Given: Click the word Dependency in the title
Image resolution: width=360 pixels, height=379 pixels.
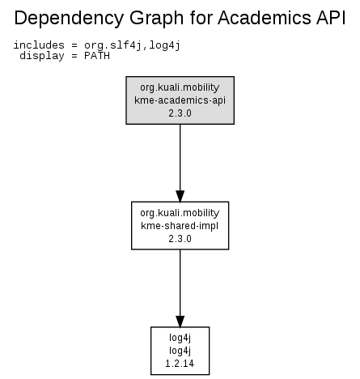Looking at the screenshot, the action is [69, 19].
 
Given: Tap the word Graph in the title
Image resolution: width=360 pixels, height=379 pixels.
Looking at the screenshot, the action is [156, 19].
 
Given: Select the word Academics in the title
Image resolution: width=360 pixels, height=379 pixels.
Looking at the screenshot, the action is [264, 18].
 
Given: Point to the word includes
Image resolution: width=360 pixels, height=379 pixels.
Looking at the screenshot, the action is [39, 45].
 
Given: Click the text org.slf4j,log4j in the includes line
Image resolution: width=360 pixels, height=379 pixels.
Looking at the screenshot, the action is [132, 45].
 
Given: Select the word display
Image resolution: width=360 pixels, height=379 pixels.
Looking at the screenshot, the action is [42, 56].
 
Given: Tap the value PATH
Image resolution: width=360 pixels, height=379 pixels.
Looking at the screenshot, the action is [97, 56].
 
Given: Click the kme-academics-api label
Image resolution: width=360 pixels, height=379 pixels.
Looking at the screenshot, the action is [180, 100].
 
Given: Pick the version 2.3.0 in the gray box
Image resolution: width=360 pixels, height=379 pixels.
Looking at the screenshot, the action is [180, 113].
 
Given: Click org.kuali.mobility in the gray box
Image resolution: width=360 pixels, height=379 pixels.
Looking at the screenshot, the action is [180, 87].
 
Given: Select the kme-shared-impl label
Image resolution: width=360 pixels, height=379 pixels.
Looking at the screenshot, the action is [180, 226].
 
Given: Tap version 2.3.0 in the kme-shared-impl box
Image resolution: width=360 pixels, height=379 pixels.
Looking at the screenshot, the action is [180, 239].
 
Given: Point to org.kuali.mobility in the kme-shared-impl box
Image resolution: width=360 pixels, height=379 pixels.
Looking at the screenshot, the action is [180, 213].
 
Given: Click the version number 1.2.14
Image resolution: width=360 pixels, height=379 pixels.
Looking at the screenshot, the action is [180, 364].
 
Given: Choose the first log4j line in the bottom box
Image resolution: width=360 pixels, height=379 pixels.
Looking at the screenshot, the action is [180, 338].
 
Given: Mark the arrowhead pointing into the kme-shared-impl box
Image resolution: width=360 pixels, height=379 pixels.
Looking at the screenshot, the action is [180, 196].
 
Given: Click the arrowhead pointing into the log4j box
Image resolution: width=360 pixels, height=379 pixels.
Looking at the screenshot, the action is [180, 322].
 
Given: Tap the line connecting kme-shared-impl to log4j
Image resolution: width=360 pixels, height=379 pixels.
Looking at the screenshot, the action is [180, 288].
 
